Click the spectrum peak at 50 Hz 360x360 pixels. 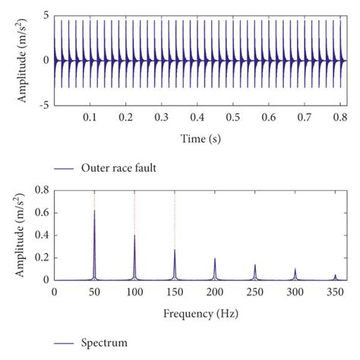pos(94,212)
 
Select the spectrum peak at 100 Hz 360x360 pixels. pos(134,236)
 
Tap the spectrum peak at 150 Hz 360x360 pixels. pos(175,251)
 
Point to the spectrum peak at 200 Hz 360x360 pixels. pos(215,260)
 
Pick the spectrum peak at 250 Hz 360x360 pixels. pos(255,266)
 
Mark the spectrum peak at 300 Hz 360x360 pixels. pos(295,270)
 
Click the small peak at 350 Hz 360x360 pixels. pos(335,276)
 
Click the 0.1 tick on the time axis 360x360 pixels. pos(90,119)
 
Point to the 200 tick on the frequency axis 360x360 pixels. pos(215,292)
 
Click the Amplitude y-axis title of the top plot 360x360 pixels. pos(19,59)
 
